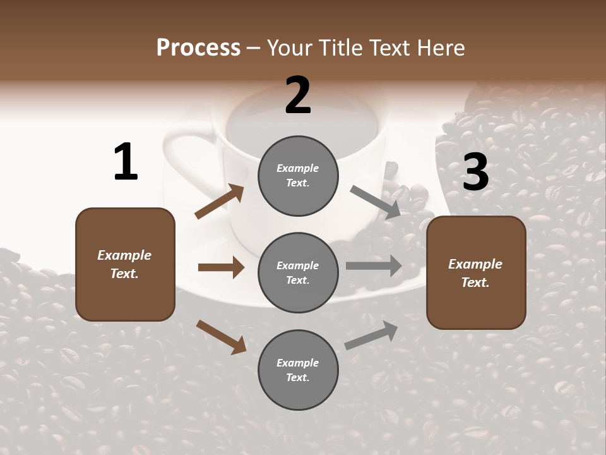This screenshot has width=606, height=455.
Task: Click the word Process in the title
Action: point(198,47)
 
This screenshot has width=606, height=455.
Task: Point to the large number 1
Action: point(126,162)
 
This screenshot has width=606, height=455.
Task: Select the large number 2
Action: point(298,95)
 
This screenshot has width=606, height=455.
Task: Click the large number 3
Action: point(476,173)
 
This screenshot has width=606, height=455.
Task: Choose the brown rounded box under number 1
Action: point(125,264)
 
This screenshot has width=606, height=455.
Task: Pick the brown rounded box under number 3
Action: point(476,273)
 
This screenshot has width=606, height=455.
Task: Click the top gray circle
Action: point(298,176)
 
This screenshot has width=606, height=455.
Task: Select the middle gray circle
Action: point(298,273)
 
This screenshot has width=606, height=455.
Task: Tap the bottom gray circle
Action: point(298,370)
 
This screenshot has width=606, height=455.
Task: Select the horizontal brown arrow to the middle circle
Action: point(221,267)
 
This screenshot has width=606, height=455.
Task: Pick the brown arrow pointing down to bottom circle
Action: point(221,337)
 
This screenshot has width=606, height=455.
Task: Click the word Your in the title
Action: point(288,47)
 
